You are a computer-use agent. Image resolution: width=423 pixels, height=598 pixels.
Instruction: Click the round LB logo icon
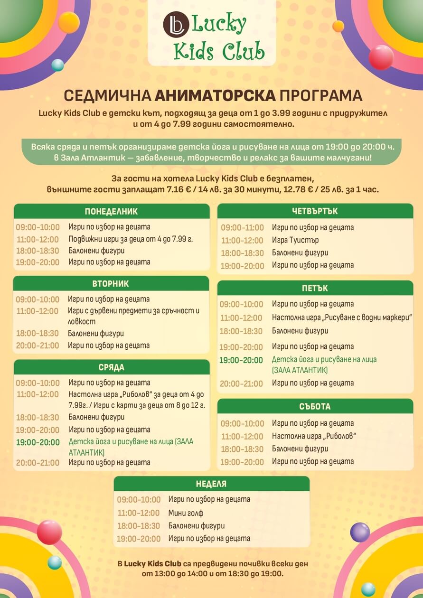(176, 24)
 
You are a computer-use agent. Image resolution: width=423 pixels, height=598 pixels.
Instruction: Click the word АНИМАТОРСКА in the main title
(215, 96)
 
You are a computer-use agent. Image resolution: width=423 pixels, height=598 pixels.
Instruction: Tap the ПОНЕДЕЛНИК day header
(112, 212)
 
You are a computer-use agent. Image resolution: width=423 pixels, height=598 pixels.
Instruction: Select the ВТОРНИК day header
(111, 284)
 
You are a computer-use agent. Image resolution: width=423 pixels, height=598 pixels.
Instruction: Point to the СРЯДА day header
(112, 367)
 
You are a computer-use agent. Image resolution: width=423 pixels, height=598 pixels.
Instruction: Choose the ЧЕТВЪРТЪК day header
(315, 211)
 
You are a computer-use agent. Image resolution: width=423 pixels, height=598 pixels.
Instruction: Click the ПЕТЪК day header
(315, 288)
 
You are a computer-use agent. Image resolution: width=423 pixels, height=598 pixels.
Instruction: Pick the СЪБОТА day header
(315, 407)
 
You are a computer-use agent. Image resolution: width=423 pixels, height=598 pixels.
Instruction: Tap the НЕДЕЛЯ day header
(211, 484)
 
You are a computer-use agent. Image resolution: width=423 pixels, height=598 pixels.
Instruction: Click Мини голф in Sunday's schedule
(186, 513)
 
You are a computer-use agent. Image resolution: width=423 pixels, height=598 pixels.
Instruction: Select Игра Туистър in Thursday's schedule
(295, 240)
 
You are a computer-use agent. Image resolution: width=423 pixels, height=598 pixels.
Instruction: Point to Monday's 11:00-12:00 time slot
(38, 239)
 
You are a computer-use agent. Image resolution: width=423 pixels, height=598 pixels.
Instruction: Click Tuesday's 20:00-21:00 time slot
(38, 346)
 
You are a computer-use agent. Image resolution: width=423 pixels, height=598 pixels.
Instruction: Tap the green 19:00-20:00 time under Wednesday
(38, 442)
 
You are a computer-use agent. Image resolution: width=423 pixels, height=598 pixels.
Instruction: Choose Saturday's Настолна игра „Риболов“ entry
(314, 436)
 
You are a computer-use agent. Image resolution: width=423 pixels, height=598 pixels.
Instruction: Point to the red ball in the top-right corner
(381, 57)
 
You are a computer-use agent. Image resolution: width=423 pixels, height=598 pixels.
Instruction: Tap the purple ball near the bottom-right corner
(360, 532)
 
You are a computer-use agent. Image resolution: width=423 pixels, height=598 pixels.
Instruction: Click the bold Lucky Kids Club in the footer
(152, 564)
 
